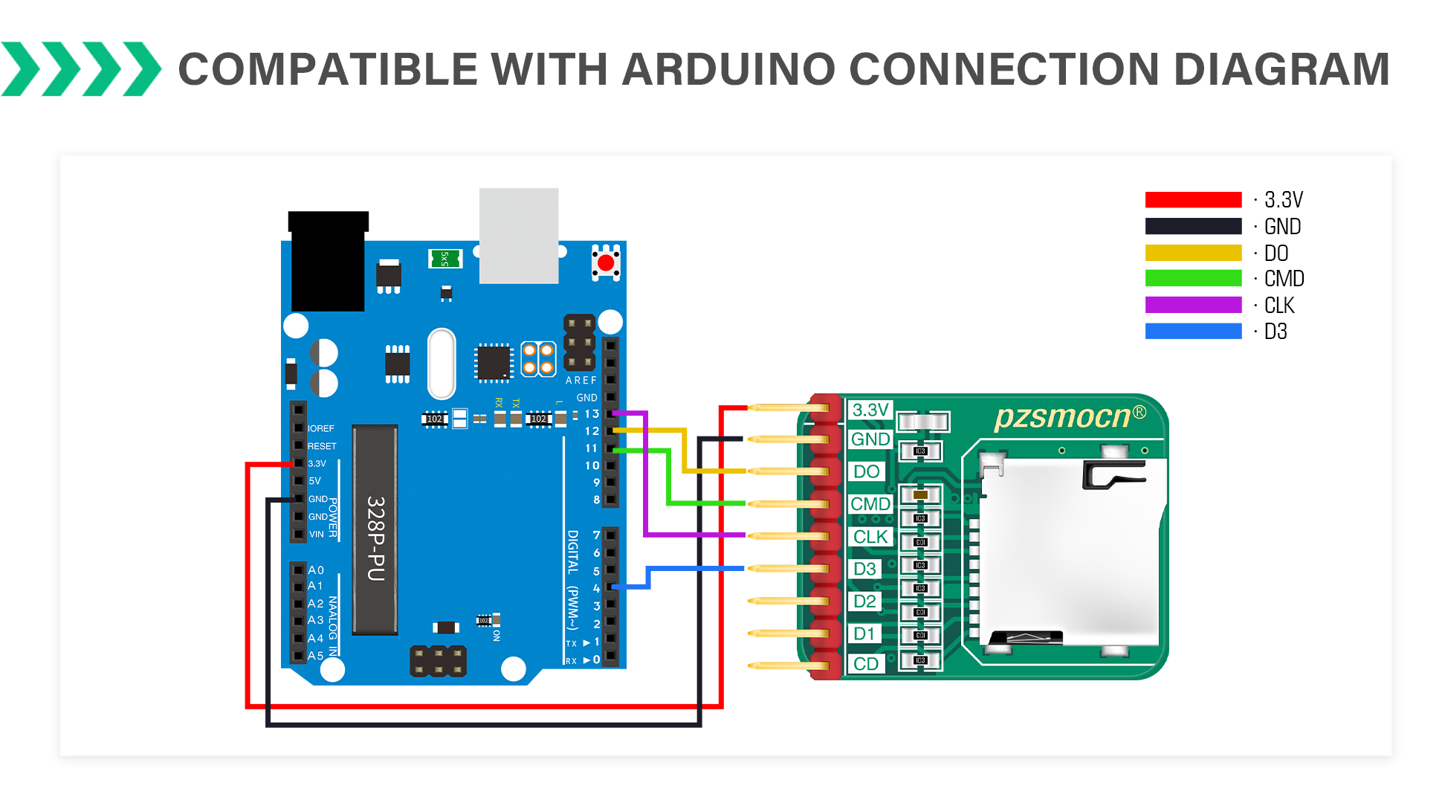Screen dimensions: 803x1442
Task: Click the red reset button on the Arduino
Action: click(606, 262)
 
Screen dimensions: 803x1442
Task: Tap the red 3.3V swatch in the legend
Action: click(1193, 199)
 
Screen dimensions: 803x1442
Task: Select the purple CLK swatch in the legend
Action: click(1193, 305)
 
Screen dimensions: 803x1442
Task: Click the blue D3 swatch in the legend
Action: click(1193, 332)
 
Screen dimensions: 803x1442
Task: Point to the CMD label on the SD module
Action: click(870, 504)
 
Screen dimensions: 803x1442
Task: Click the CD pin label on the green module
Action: click(866, 664)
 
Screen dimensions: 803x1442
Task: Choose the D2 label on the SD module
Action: click(864, 602)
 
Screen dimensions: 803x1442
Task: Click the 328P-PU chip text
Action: click(376, 538)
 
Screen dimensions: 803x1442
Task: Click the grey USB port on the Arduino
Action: click(519, 235)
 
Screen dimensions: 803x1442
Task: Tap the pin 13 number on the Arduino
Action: click(592, 414)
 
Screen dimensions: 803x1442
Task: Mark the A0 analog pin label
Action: click(316, 570)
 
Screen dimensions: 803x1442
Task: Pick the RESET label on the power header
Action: click(322, 446)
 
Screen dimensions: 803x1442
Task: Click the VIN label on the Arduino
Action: click(317, 534)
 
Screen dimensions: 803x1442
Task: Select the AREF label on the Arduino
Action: click(581, 381)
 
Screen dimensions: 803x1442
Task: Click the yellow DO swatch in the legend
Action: click(1193, 253)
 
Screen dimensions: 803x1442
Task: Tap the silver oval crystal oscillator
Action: click(442, 364)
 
